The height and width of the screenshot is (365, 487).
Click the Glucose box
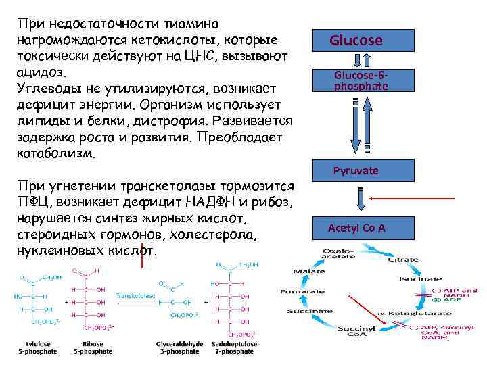click(x=356, y=41)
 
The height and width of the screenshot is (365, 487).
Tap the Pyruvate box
click(x=356, y=171)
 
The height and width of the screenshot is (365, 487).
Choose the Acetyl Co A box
click(x=356, y=228)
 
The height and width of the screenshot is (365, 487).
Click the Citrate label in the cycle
click(x=408, y=260)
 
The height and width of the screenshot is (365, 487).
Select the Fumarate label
click(x=298, y=291)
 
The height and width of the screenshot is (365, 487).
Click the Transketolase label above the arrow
click(x=134, y=297)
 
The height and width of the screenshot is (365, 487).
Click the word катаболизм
click(x=53, y=153)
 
